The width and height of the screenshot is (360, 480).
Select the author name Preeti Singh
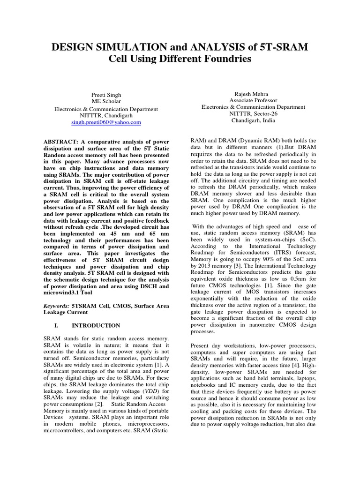click(106, 95)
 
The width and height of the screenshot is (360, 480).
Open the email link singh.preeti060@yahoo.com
click(106, 122)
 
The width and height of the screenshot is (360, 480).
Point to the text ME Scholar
click(106, 102)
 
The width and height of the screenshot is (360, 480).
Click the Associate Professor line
click(253, 100)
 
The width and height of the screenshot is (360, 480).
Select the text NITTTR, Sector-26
click(253, 113)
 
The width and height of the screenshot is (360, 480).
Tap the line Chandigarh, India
click(253, 120)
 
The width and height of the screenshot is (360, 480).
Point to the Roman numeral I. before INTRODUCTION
click(56, 325)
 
